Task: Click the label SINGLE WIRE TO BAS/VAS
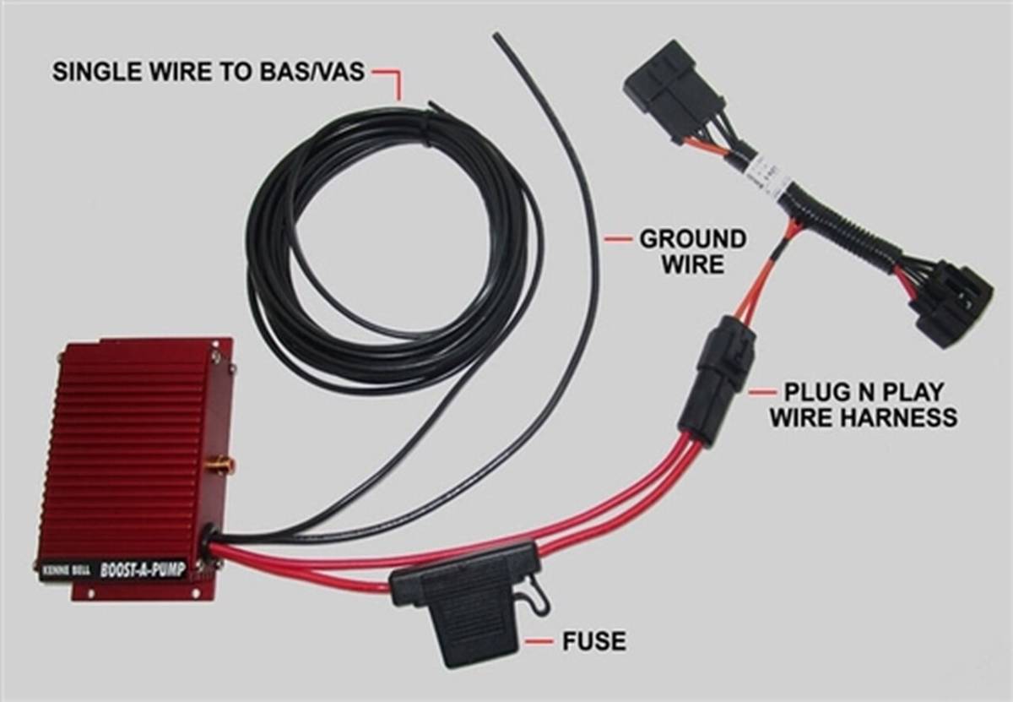point(208,71)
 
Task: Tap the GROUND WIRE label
point(692,251)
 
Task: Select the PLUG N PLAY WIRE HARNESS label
point(863,404)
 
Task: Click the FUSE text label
point(594,640)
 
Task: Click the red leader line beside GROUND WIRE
point(618,240)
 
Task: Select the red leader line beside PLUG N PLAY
point(761,392)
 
